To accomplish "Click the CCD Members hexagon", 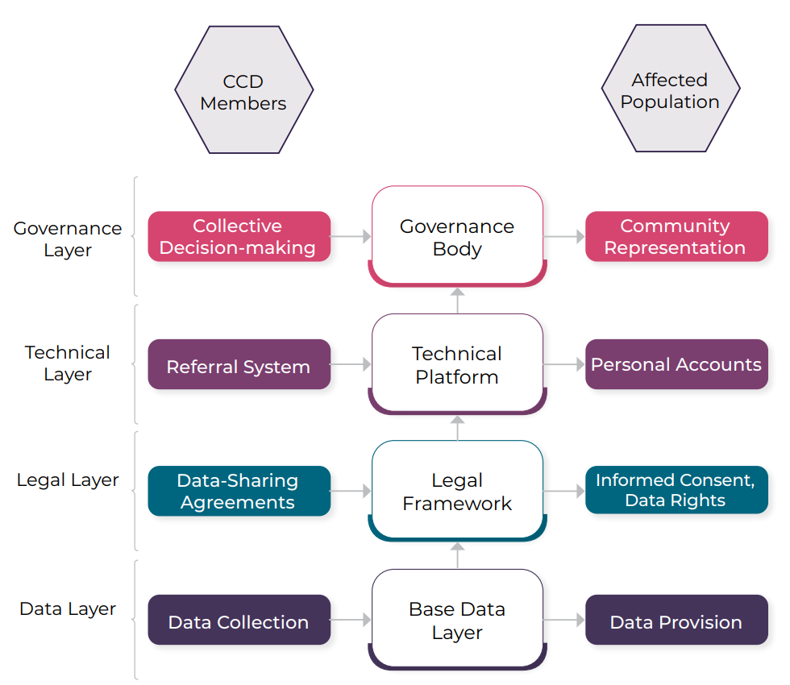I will point(243,90).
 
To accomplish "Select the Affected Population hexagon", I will point(670,89).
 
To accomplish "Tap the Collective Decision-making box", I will point(239,236).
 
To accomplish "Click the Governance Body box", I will point(457,237).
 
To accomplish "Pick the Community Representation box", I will point(676,236).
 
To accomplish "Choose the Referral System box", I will point(239,365).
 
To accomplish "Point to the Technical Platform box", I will point(457,364).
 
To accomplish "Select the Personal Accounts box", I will point(676,364).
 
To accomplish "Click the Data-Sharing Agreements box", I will point(239,491).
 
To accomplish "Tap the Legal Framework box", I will point(457,491).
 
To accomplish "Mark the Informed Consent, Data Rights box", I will point(676,489).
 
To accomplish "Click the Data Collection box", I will point(239,621).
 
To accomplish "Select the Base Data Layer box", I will point(457,620).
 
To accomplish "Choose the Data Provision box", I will point(676,621).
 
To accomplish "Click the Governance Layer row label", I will point(68,239).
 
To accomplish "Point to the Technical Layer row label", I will point(68,363).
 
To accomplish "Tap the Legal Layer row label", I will point(68,480).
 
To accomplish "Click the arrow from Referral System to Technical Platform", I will point(351,365).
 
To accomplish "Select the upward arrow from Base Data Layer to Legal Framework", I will point(457,555).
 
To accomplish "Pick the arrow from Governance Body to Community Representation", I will point(564,237).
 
